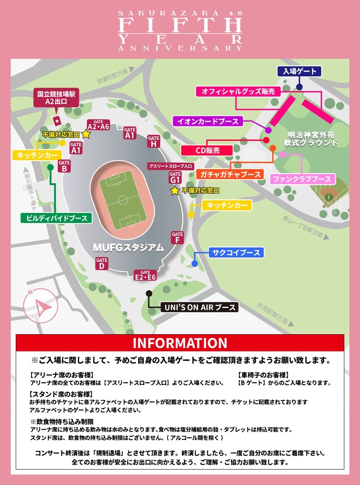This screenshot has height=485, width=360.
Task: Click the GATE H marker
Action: click(x=154, y=141)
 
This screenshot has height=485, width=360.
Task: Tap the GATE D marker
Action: click(x=102, y=264)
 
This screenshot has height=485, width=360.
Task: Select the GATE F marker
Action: click(x=177, y=238)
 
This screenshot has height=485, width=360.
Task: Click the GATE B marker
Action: click(x=64, y=166)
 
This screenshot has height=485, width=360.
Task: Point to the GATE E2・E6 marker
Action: click(x=145, y=275)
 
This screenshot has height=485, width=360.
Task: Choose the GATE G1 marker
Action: click(x=175, y=177)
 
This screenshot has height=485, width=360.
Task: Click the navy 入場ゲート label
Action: click(x=299, y=72)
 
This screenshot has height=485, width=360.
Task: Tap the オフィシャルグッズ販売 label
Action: click(x=238, y=92)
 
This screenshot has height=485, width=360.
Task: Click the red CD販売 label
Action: click(x=207, y=151)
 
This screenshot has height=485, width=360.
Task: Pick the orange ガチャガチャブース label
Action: click(x=229, y=175)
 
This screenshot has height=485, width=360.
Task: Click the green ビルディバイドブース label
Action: click(x=57, y=218)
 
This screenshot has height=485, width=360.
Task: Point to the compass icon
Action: click(x=39, y=306)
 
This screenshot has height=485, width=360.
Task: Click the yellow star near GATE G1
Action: click(x=175, y=191)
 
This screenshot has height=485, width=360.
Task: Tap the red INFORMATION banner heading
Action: click(x=180, y=343)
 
